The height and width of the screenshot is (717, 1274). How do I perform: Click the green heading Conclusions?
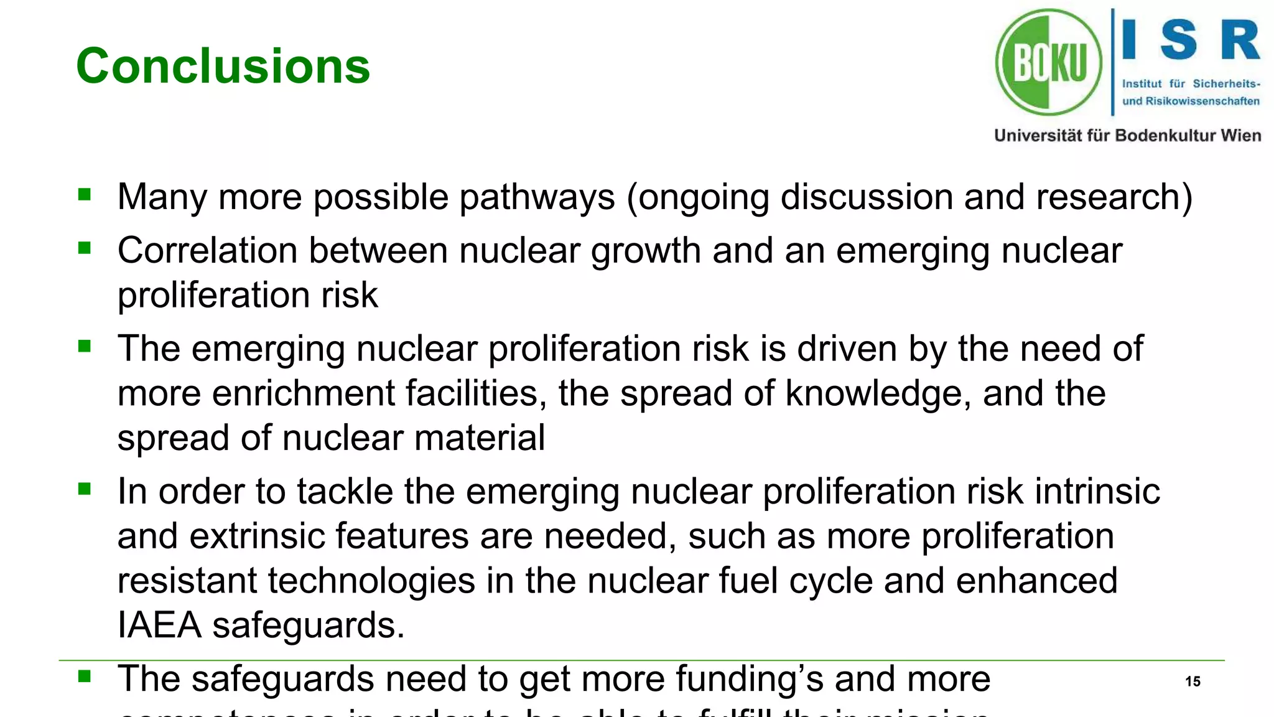223,66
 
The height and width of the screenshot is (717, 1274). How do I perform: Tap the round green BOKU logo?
1049,62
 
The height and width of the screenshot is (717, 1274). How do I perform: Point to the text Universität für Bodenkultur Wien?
1127,136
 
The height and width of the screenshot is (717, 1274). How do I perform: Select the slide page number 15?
1193,682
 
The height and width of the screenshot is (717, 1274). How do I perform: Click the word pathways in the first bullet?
537,198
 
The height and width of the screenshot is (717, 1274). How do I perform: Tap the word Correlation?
207,251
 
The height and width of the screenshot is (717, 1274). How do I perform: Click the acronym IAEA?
159,626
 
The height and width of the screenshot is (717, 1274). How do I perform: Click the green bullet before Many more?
85,195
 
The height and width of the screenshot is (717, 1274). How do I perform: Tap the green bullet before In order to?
85,489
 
